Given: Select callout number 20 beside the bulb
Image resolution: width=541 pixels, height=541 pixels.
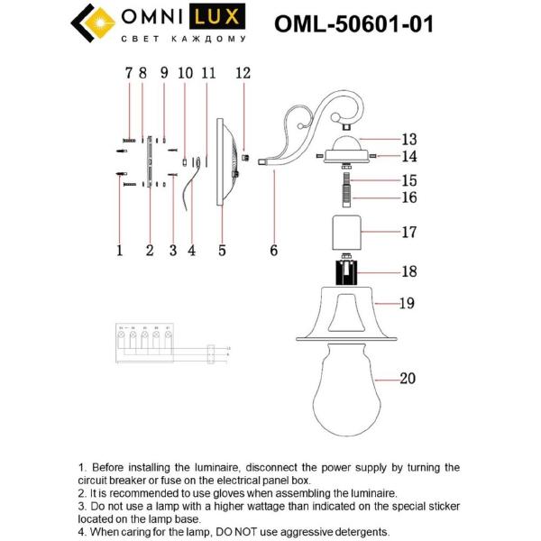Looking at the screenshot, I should point(407,379).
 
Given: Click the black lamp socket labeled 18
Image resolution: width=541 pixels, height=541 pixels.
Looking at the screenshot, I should point(348,270).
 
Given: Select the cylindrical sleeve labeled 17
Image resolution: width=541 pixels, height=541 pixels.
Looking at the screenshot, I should point(348,233).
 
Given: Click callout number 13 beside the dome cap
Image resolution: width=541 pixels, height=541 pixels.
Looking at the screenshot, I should point(409,140).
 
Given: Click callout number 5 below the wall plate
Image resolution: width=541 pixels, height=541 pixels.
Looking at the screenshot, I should point(221,252).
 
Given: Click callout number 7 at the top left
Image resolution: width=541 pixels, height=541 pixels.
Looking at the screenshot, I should point(129,74).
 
